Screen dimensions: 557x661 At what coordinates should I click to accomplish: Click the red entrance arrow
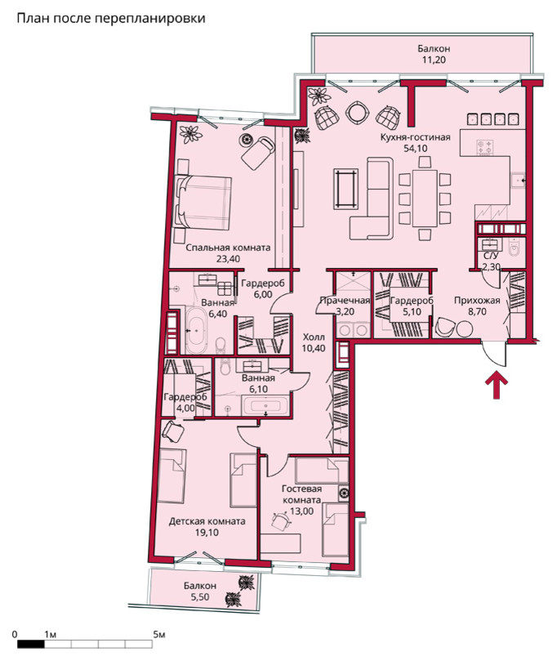coord(497,385)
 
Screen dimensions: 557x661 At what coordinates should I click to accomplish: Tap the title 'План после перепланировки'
coord(111,19)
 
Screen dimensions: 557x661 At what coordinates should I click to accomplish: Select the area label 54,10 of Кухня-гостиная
coord(416,149)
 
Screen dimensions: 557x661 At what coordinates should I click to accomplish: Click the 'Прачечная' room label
coord(345,301)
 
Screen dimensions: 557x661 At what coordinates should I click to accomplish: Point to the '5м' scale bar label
coord(158,634)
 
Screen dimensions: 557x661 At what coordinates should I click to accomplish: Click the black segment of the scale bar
coord(31,644)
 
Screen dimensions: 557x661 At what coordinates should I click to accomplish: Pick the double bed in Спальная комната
coord(203,203)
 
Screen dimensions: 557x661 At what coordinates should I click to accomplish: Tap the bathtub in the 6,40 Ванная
coord(196,330)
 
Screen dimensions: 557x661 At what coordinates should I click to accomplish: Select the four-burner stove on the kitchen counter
coord(484,147)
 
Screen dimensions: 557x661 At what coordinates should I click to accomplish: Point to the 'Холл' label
coord(314,337)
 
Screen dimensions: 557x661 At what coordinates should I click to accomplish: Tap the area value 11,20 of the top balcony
coord(434,60)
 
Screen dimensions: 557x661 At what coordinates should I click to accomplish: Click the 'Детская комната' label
coord(207,521)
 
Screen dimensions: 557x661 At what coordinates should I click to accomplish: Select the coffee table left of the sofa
coord(346,189)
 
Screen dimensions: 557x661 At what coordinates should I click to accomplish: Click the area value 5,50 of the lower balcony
coord(200,596)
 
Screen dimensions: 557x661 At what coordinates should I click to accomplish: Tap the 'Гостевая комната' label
coord(301,494)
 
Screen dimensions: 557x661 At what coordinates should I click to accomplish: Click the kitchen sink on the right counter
coord(518,180)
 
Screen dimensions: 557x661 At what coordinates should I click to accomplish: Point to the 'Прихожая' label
coord(477,301)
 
